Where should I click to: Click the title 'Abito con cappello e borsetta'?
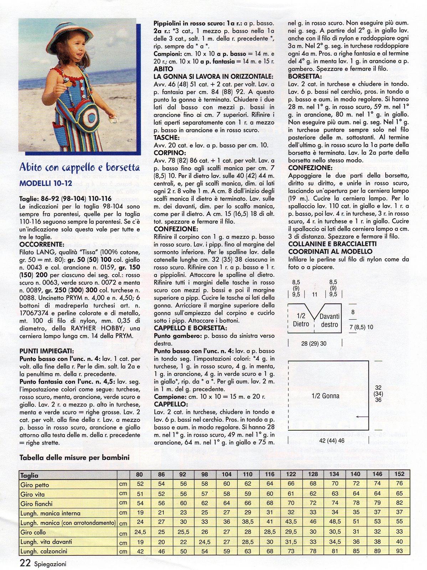click(79, 167)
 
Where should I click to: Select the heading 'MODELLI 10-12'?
click(46, 183)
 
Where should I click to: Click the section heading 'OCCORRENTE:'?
click(42, 244)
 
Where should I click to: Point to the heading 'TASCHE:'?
click(166, 138)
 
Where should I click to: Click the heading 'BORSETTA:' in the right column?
click(305, 76)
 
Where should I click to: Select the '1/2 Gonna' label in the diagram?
click(325, 396)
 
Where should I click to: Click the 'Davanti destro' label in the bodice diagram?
click(329, 320)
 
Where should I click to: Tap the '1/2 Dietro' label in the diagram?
click(301, 320)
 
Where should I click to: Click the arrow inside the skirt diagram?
click(362, 416)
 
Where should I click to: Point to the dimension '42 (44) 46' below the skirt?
click(331, 441)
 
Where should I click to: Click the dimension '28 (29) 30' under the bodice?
click(314, 343)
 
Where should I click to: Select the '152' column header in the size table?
click(399, 474)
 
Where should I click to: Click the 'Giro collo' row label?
click(33, 532)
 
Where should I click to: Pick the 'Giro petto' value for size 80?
click(140, 484)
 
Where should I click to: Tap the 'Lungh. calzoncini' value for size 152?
click(399, 551)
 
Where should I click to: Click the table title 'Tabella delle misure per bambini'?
click(74, 457)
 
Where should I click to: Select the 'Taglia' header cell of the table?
click(29, 475)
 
